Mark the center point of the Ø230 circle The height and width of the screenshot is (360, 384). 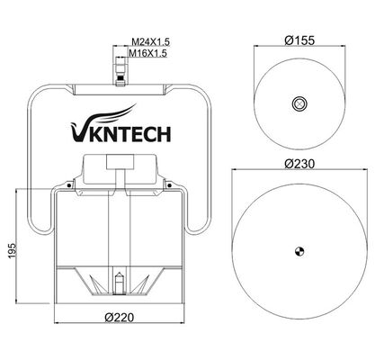[300, 249]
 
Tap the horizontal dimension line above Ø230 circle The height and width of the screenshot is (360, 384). [300, 171]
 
